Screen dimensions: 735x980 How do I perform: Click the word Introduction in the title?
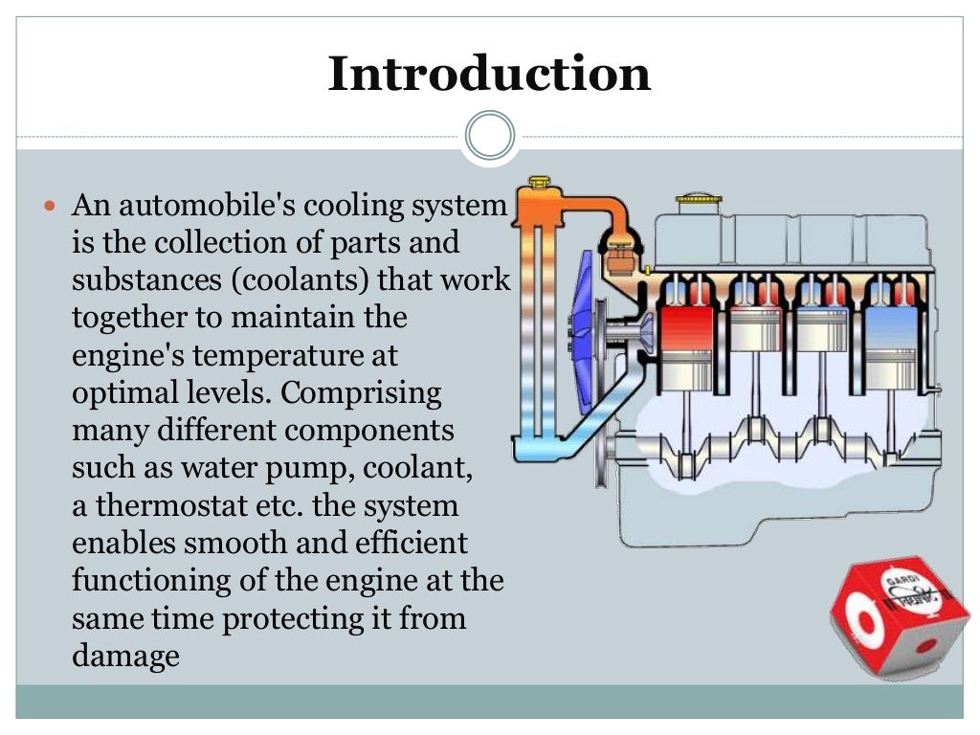[489, 75]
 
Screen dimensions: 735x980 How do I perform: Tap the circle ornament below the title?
[490, 135]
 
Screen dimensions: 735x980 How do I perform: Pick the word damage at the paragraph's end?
[125, 656]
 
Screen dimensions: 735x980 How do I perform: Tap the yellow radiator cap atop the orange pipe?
[539, 182]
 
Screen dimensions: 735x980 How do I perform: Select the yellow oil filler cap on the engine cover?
[700, 202]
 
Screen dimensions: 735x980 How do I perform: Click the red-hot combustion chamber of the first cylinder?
[686, 326]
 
